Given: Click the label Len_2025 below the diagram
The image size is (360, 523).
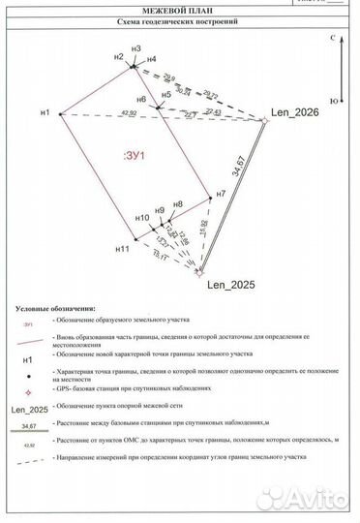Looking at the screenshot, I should (x=228, y=285).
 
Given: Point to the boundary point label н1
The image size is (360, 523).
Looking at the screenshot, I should (x=45, y=113).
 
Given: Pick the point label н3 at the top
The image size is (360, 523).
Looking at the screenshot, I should (x=135, y=48).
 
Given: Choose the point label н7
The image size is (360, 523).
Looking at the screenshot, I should (x=222, y=195).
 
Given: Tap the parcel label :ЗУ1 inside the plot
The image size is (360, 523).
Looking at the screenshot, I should (x=135, y=156).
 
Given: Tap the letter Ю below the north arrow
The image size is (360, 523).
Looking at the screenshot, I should (x=334, y=100).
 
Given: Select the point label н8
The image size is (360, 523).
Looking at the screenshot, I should (x=177, y=204).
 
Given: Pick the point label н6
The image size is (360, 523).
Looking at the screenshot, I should (x=141, y=100).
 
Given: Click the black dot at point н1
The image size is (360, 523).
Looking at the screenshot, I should (x=60, y=114).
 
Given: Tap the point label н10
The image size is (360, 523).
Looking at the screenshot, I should (x=141, y=218).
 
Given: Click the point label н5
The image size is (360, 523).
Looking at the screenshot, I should (x=167, y=94).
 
